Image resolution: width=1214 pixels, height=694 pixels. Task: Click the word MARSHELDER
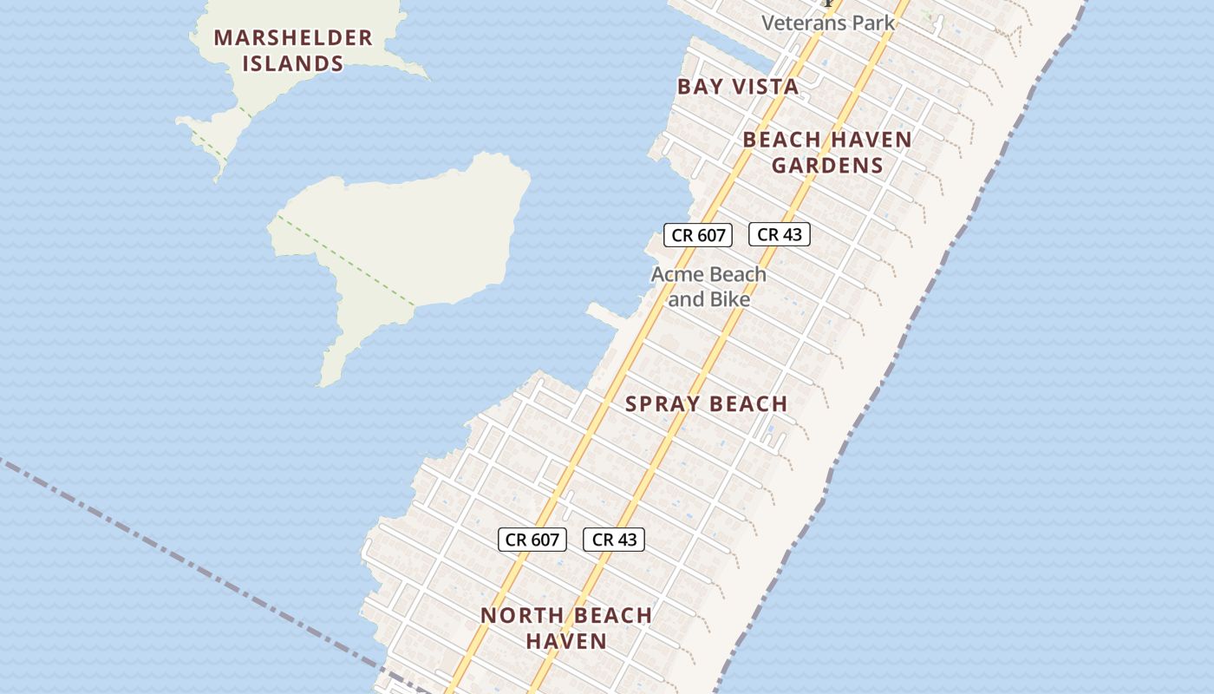point(293,38)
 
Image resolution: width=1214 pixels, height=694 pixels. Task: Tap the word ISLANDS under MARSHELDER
point(293,63)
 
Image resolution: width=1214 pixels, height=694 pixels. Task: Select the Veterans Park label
point(828,23)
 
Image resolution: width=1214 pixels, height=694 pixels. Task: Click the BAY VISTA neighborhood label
point(738,87)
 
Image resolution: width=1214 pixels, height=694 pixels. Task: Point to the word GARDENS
point(827,165)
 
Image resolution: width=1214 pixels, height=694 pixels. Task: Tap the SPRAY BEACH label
point(706,403)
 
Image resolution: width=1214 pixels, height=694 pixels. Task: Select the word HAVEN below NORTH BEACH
point(566,641)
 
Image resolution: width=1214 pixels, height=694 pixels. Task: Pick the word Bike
point(730,299)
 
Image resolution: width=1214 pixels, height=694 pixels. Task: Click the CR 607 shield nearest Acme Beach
point(698,234)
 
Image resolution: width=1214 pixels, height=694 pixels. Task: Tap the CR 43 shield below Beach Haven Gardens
point(779,234)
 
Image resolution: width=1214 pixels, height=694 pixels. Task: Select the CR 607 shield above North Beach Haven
point(532,540)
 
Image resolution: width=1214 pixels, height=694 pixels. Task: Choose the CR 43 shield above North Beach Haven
point(614,540)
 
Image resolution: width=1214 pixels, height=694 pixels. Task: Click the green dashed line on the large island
point(347,260)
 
